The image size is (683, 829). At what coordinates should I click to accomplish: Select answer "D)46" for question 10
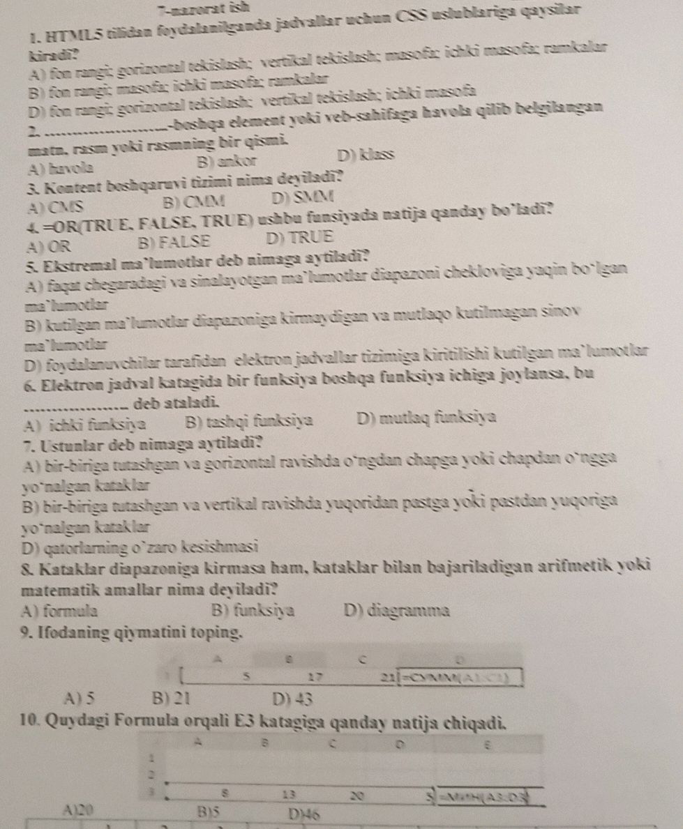click(x=301, y=813)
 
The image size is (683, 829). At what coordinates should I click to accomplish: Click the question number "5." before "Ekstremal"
click(x=29, y=272)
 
